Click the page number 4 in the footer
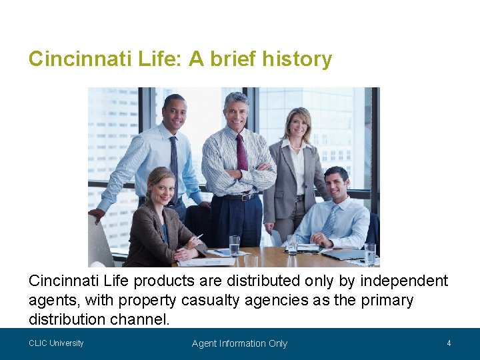pyautogui.click(x=449, y=343)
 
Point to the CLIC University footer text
pyautogui.click(x=56, y=343)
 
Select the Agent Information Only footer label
pyautogui.click(x=239, y=343)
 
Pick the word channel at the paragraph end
pyautogui.click(x=139, y=320)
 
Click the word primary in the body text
pyautogui.click(x=387, y=301)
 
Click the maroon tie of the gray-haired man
pyautogui.click(x=241, y=153)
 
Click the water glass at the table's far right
pyautogui.click(x=370, y=253)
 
